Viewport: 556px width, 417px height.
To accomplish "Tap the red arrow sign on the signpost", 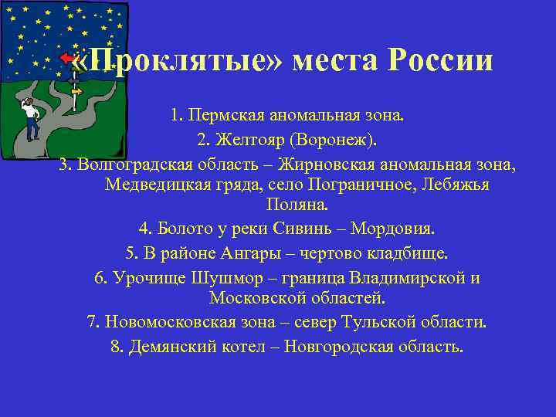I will point(69,59).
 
